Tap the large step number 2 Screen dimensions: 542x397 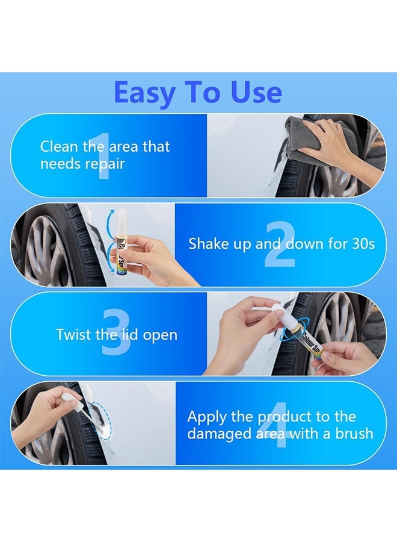tap(280, 245)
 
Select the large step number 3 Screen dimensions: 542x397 tap(116, 334)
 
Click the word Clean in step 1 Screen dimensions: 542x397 tap(60, 146)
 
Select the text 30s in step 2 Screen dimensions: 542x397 tap(361, 244)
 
